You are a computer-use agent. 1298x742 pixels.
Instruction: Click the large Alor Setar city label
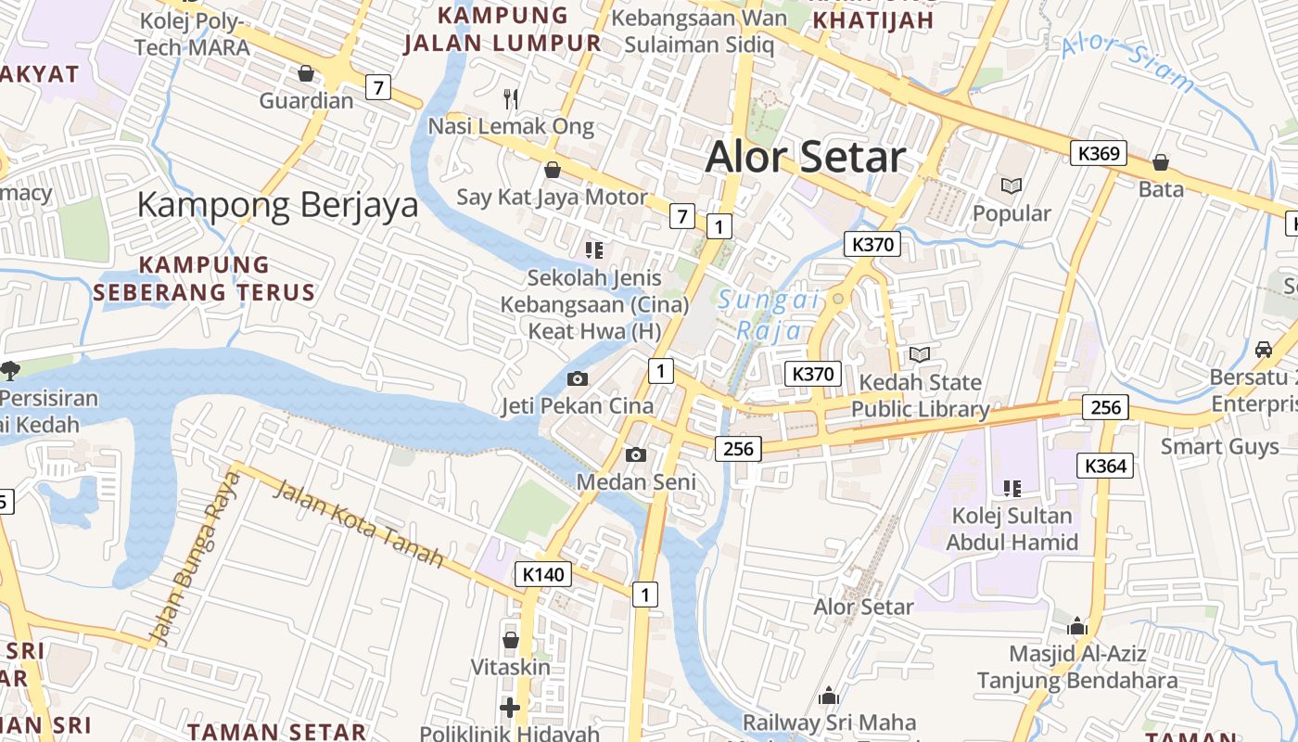point(806,157)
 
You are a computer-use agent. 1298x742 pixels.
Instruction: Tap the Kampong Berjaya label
point(278,205)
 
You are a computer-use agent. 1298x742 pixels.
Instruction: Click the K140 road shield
point(542,574)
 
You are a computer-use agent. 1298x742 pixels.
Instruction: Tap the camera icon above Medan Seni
point(636,454)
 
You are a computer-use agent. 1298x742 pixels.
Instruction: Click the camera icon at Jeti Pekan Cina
point(577,378)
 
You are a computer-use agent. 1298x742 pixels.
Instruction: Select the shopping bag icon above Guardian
point(306,73)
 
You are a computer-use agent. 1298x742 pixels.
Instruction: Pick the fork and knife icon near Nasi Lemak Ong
point(510,97)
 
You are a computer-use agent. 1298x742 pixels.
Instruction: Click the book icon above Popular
point(1011,186)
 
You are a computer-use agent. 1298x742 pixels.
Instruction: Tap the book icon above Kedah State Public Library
point(920,355)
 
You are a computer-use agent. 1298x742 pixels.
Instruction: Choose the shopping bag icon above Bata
point(1161,163)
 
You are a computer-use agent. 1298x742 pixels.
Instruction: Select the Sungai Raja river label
point(769,314)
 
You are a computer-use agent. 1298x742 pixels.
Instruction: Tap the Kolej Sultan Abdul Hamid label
point(1012,529)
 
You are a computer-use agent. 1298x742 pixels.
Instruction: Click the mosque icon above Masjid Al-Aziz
point(1077,626)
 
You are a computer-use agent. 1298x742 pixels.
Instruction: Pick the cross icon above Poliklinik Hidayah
point(509,709)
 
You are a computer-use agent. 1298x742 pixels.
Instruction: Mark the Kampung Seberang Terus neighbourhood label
point(204,278)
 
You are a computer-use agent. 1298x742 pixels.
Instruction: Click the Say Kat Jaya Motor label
point(552,197)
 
